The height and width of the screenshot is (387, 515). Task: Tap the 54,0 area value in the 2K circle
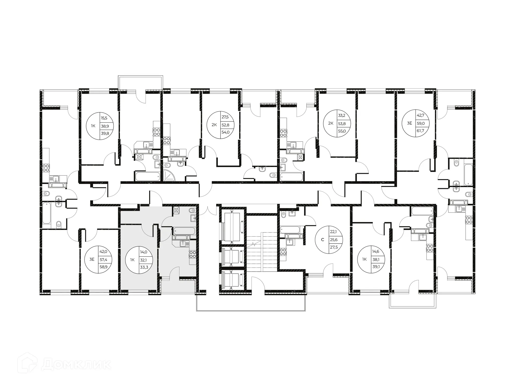click(x=226, y=132)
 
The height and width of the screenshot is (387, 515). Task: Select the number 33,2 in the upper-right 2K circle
click(x=341, y=116)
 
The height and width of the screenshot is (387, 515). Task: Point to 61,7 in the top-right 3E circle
click(x=420, y=131)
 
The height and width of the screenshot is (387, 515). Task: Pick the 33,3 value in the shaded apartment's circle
click(x=144, y=267)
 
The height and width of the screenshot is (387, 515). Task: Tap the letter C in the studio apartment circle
click(x=323, y=240)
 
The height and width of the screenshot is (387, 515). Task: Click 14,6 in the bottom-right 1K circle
click(x=376, y=252)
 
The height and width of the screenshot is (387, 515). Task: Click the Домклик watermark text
click(x=76, y=364)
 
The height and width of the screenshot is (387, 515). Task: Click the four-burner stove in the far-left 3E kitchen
click(x=46, y=168)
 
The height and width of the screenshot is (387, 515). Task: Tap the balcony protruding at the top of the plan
click(x=141, y=83)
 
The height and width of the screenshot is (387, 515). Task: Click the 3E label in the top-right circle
click(x=409, y=123)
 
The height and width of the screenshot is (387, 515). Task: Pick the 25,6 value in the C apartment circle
click(x=334, y=240)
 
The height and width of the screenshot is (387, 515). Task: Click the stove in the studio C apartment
click(x=283, y=252)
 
